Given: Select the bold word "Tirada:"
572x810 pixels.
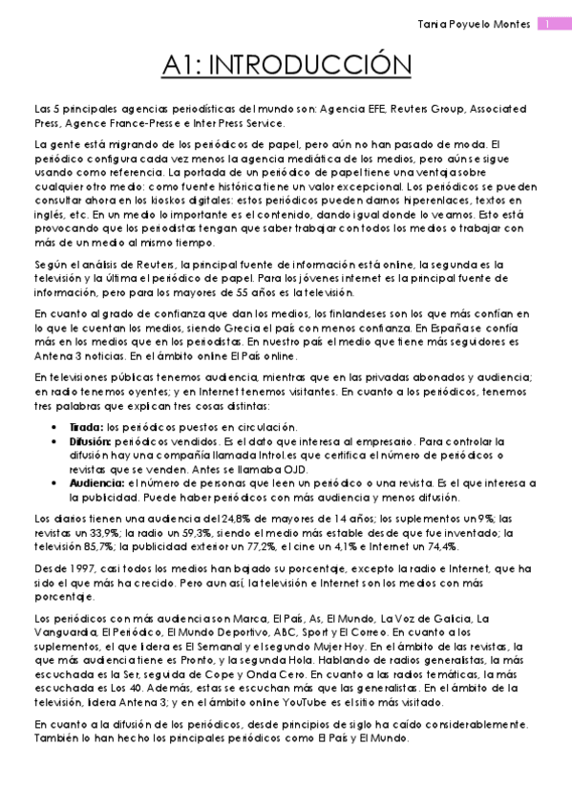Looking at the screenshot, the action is (x=87, y=426).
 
